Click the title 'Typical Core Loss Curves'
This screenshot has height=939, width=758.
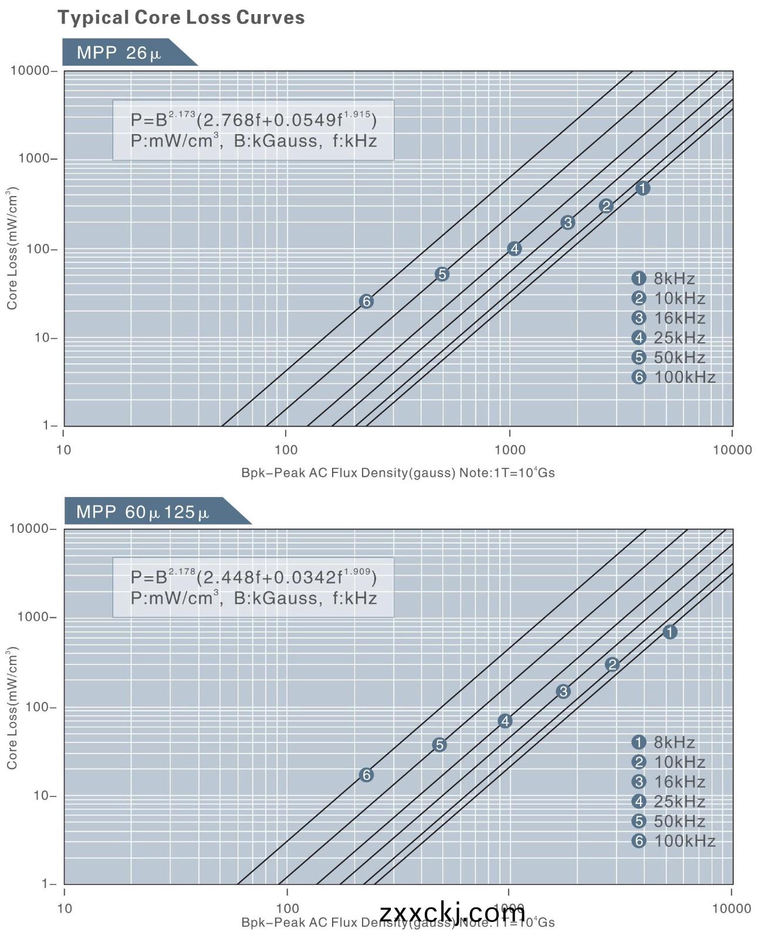181,18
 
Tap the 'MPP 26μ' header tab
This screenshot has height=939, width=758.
119,53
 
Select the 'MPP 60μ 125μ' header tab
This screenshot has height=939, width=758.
143,512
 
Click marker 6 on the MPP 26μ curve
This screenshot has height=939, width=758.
366,301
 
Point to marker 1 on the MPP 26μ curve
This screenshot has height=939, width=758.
642,188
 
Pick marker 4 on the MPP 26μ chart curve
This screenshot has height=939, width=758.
514,248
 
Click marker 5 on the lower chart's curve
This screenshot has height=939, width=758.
439,745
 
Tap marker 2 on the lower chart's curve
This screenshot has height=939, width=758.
612,664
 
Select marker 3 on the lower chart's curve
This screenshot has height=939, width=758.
563,691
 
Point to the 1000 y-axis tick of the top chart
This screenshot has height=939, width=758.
34,158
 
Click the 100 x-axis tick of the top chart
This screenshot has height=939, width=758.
286,450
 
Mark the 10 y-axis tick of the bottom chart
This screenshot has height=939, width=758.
44,796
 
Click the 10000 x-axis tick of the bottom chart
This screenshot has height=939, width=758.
732,908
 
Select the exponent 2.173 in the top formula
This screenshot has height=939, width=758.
182,113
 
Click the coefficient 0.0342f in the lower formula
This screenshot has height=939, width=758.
307,577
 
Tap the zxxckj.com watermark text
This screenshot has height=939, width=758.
452,913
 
